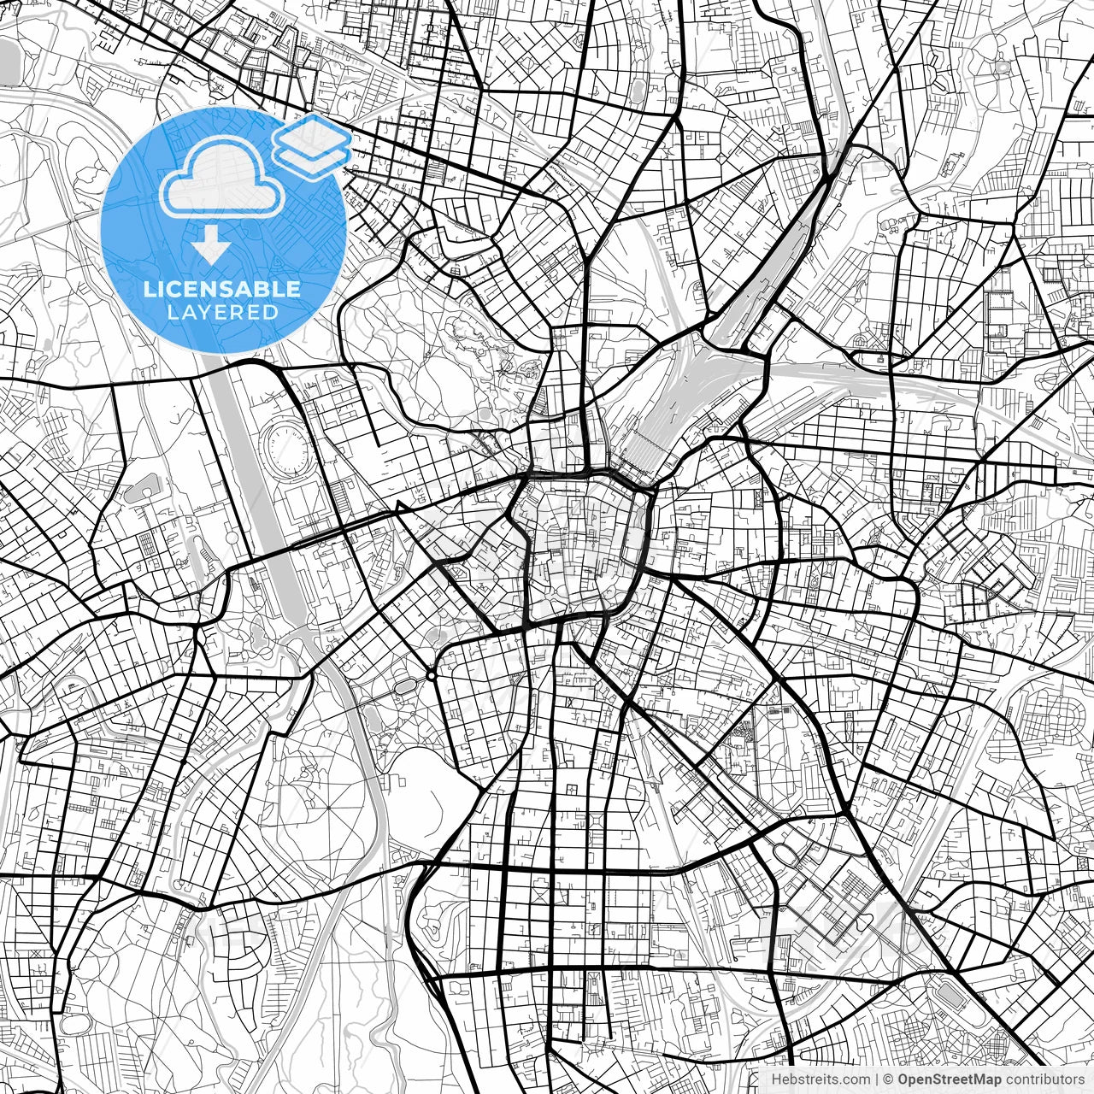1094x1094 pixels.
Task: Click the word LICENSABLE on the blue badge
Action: click(x=222, y=289)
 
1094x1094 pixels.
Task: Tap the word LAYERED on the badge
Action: click(x=222, y=312)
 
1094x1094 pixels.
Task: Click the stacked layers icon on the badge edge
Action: click(x=312, y=145)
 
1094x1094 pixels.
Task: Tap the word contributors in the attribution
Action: click(x=1044, y=1079)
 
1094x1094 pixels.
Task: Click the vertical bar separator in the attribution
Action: click(x=876, y=1079)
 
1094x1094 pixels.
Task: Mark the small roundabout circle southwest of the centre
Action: click(x=432, y=676)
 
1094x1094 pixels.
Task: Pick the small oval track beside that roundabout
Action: click(x=403, y=685)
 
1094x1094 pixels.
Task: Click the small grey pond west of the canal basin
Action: click(x=142, y=491)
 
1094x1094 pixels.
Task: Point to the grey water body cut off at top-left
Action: click(x=9, y=64)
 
